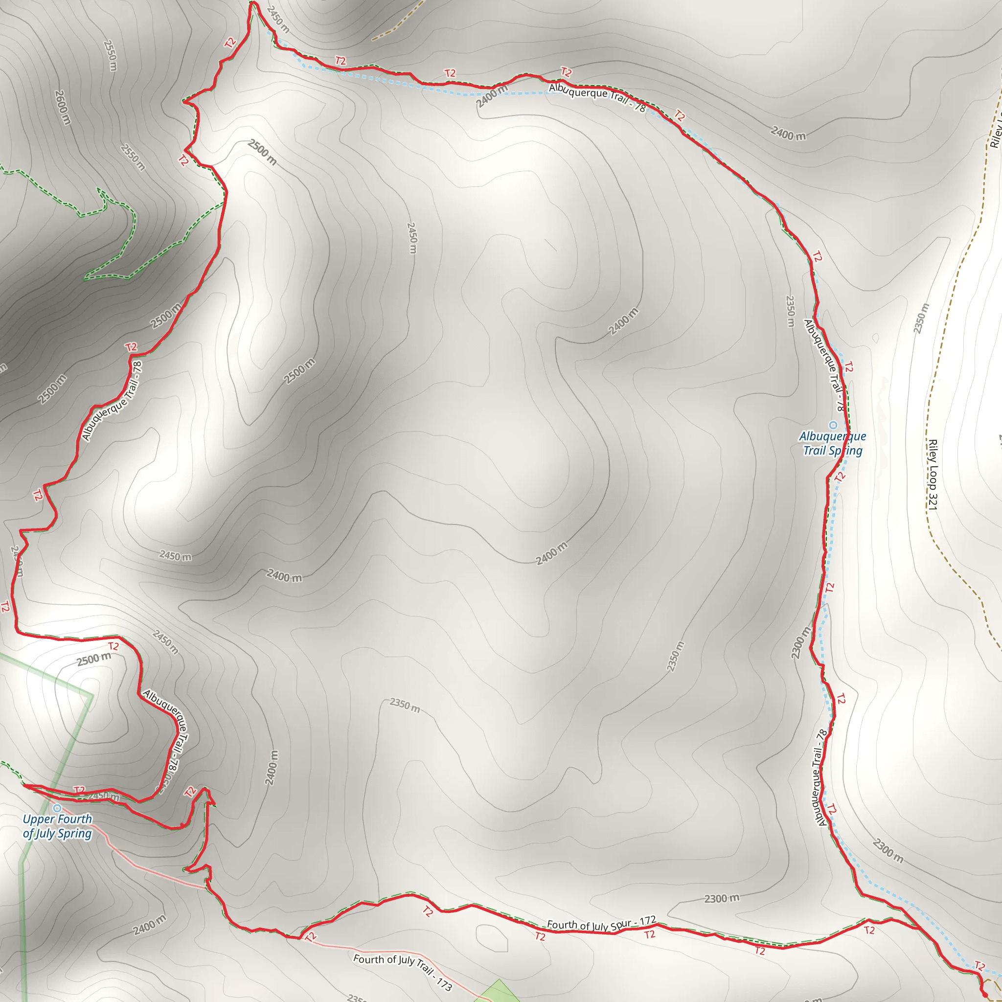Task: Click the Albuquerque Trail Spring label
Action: (x=832, y=443)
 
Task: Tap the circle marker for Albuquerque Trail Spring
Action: (x=833, y=425)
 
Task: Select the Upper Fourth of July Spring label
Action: (x=58, y=826)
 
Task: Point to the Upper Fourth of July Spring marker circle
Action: (x=57, y=808)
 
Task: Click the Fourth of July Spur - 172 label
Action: (x=602, y=924)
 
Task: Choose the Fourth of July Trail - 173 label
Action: (x=403, y=971)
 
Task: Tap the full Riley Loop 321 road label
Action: (x=933, y=475)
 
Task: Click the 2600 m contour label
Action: (x=63, y=107)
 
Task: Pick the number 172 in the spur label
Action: (x=648, y=921)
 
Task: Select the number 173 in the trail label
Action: (x=444, y=983)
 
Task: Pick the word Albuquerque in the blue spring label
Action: (x=832, y=437)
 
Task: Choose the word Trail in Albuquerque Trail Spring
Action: (x=814, y=451)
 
